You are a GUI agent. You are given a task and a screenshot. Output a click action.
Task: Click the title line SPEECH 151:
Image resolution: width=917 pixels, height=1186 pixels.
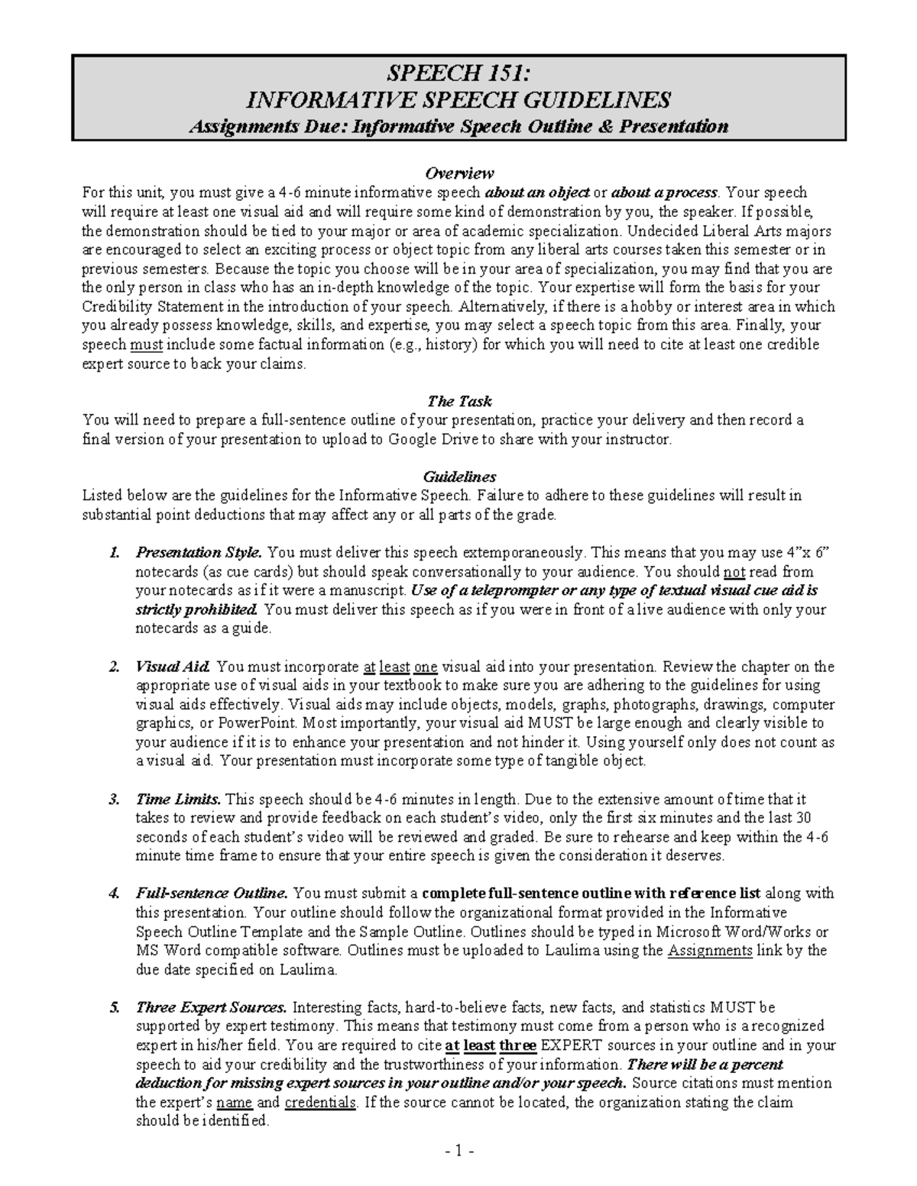pos(458,74)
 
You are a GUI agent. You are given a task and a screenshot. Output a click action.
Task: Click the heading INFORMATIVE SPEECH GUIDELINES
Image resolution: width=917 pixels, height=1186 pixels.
pos(458,100)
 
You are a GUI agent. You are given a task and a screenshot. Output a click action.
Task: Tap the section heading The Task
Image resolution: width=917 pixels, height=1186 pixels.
pos(459,400)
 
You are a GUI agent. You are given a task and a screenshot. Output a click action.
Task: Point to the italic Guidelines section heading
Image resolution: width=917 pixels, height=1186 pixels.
pos(459,477)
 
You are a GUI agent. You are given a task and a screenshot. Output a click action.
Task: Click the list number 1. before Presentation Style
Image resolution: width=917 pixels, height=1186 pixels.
pos(115,552)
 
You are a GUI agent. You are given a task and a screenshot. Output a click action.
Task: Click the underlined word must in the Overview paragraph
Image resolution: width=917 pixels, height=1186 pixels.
pos(146,344)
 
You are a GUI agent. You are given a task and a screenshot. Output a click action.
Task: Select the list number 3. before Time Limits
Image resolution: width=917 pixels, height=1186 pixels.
pos(115,799)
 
